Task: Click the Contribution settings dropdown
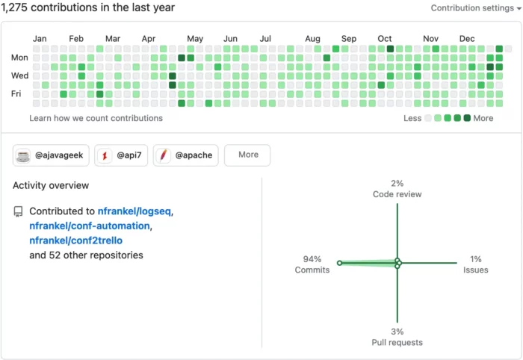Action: [x=476, y=8]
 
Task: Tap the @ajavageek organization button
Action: [x=51, y=155]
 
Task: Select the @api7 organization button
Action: [x=121, y=155]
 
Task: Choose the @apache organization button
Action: [x=186, y=155]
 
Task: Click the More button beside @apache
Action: [x=247, y=155]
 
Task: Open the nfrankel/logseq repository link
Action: [x=134, y=211]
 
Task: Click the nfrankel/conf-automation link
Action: [x=90, y=226]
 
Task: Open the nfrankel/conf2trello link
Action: [x=75, y=240]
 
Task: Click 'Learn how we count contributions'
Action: [x=96, y=118]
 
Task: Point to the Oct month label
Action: [x=385, y=39]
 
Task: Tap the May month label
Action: [x=195, y=39]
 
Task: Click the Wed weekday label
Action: [x=19, y=75]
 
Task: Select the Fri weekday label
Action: [x=16, y=93]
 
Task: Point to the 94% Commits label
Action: [x=312, y=264]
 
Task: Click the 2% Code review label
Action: [x=397, y=189]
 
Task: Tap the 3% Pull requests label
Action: [x=397, y=337]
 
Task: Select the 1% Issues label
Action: [x=476, y=264]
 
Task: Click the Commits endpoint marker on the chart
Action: [x=339, y=263]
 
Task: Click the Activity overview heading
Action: [x=51, y=185]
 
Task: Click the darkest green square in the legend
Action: [x=467, y=118]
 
